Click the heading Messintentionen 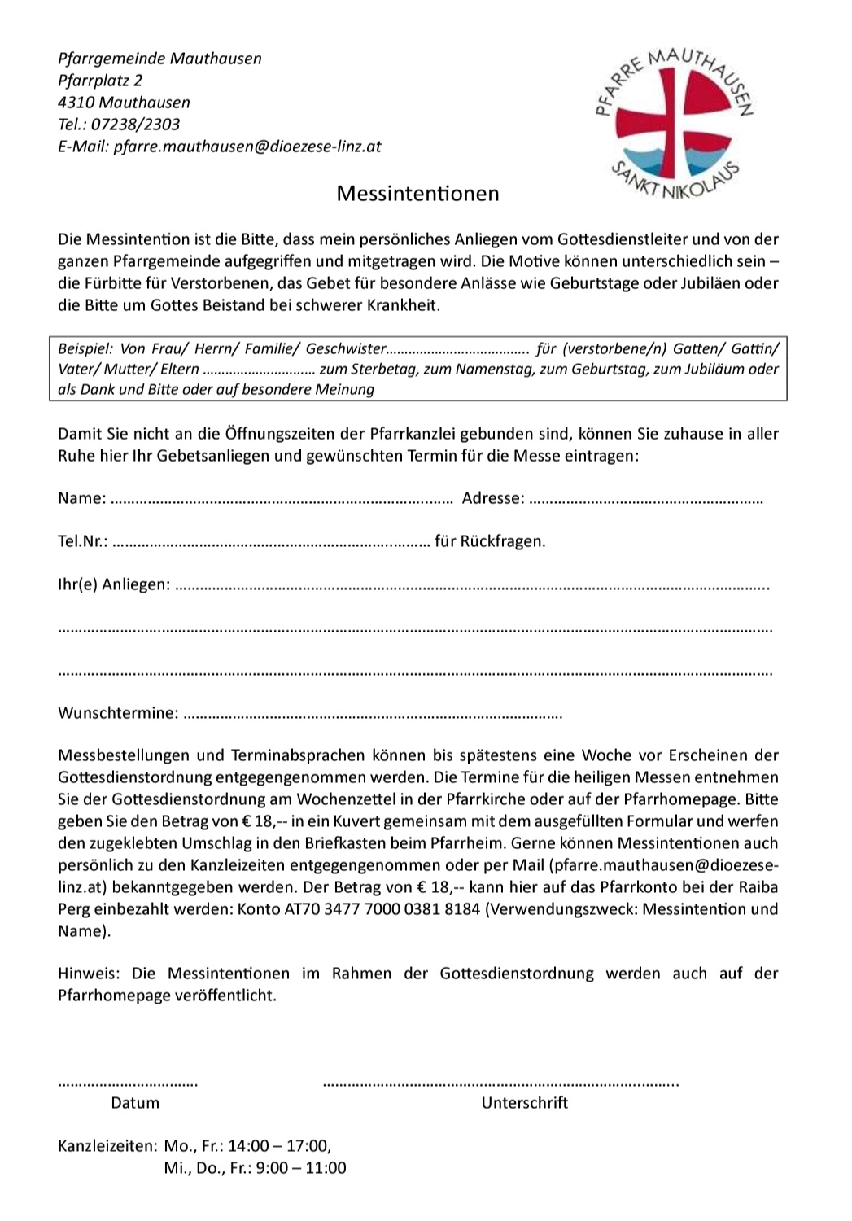point(417,194)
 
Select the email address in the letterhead point(247,147)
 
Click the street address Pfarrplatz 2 point(100,81)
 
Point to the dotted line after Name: point(281,499)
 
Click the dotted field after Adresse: point(646,499)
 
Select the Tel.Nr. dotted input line point(271,542)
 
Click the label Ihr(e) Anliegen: point(114,584)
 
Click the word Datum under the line point(135,1103)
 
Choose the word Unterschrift point(525,1103)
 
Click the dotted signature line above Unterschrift point(500,1083)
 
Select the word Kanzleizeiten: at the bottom point(107,1146)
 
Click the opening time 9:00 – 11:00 point(300,1168)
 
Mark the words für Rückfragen point(490,542)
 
